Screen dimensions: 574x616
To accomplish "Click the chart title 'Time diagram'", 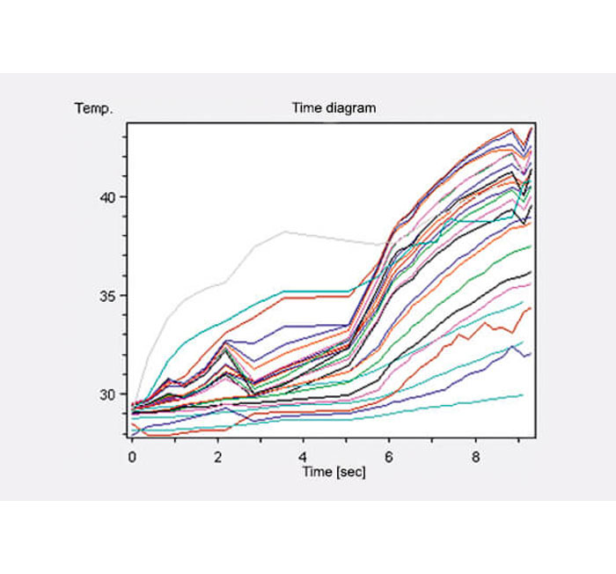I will (x=334, y=108).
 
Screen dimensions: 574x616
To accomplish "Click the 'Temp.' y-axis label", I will (x=93, y=109).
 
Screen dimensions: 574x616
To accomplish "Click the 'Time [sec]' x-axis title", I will (x=334, y=472).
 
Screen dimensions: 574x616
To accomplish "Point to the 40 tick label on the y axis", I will (x=106, y=196).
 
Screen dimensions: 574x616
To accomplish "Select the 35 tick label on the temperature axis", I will (x=106, y=295).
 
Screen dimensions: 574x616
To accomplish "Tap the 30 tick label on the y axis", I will (x=106, y=394).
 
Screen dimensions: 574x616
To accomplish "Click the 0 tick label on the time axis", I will (x=132, y=457).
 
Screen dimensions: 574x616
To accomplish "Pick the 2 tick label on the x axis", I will (x=217, y=457).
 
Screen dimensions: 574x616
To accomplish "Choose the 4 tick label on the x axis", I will (x=304, y=457).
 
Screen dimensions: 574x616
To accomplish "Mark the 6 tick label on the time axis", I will (x=389, y=457).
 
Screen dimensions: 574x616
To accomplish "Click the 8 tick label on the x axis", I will (x=475, y=457).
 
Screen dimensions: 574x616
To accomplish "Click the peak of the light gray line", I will (x=284, y=232).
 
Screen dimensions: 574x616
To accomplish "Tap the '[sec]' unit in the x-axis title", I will (x=349, y=472).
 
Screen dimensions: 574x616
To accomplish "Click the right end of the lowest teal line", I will (x=523, y=395).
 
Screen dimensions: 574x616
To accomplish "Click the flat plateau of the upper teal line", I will (x=317, y=291).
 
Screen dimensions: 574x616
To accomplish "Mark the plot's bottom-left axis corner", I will (x=128, y=438).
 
